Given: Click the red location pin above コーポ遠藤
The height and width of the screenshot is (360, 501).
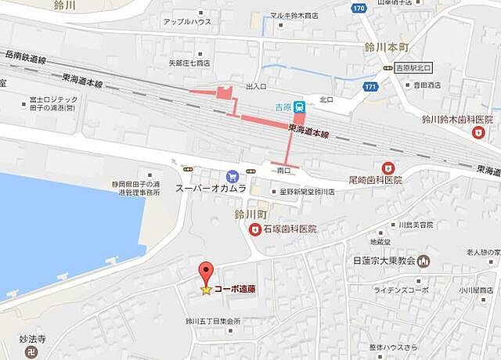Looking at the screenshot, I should coord(206,272).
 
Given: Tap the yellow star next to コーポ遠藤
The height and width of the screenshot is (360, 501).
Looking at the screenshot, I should coord(206,290).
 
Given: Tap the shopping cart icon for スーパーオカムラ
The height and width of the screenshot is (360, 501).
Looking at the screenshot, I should coord(231,176).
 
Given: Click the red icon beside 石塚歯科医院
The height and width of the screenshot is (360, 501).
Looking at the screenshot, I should coord(254,229).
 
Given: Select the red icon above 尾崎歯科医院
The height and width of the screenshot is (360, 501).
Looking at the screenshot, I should coord(387,167).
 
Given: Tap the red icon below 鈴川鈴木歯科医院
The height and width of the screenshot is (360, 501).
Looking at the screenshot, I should coord(478,133).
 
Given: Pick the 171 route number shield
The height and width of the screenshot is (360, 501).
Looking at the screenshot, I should coord(370,85).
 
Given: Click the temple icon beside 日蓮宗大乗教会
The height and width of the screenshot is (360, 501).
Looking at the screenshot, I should coord(424,261).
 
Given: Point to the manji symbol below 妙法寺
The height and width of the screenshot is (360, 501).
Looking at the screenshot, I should coord(30,353).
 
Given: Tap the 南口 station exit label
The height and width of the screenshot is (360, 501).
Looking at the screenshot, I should coord(283,169).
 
